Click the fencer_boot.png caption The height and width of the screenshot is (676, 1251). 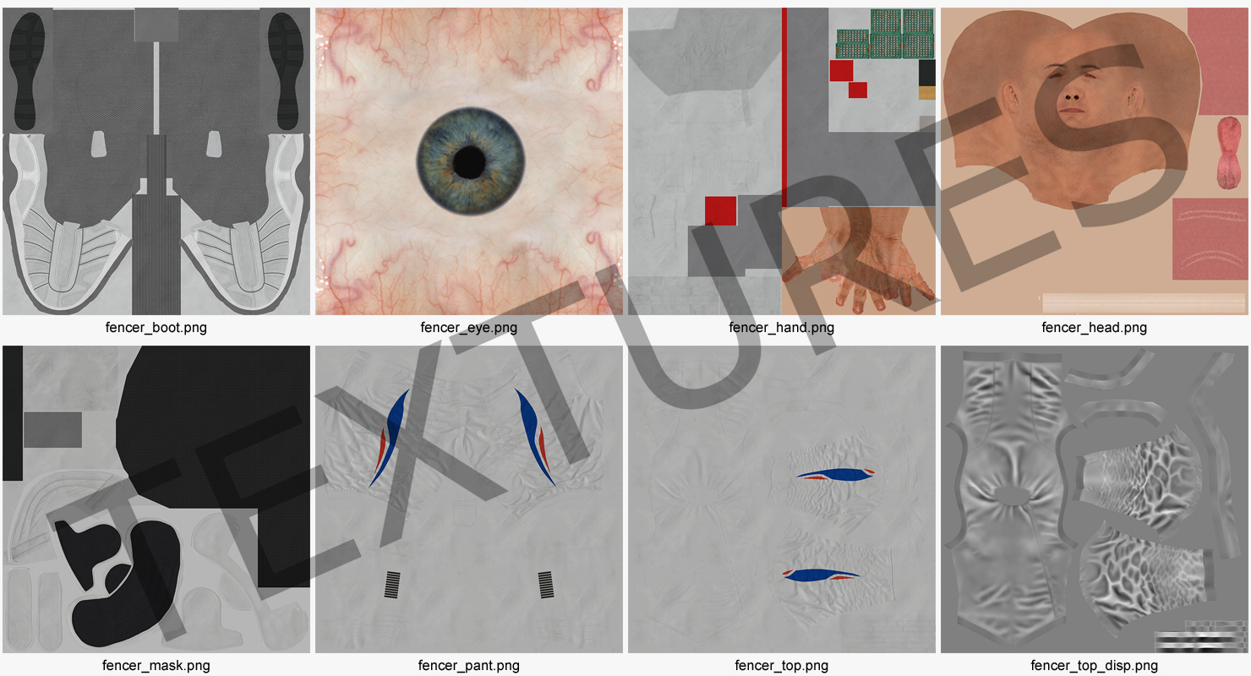156,328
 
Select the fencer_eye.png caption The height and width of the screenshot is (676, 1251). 468,328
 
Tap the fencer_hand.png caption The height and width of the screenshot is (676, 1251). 781,328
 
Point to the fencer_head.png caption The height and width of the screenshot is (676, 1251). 1094,328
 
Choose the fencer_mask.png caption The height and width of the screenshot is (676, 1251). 156,665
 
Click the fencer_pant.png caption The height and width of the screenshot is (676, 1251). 468,665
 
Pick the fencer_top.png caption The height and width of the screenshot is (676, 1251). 781,665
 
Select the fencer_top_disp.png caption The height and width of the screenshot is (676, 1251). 1094,665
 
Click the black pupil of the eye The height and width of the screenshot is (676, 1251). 469,162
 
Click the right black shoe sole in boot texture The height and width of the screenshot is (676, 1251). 286,72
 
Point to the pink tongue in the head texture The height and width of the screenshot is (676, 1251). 1228,152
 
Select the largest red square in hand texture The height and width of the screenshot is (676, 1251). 720,211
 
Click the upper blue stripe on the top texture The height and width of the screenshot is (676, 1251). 836,475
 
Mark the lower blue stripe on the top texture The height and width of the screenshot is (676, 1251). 821,575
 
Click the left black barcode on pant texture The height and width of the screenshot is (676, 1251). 392,585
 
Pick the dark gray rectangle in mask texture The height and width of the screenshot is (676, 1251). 52,430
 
